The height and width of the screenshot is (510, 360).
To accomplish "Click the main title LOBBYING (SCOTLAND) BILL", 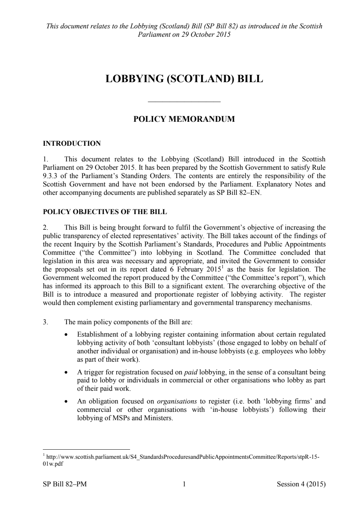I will [x=184, y=79].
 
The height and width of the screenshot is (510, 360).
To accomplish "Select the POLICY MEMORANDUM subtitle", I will [x=184, y=119].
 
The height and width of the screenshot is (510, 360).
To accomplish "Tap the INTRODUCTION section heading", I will [x=72, y=143].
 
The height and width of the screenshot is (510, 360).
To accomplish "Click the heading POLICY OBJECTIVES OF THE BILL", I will [x=105, y=212].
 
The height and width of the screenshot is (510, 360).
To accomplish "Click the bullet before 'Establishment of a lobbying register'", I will [x=65, y=334].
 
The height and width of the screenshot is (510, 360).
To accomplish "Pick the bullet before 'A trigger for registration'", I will [x=65, y=373].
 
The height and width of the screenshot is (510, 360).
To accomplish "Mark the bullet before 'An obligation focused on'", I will [x=65, y=402].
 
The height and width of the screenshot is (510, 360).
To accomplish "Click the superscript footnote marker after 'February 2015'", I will [x=223, y=268].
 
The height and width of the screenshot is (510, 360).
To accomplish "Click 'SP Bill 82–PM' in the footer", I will [x=65, y=484].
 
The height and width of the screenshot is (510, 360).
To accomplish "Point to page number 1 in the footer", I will [x=184, y=484].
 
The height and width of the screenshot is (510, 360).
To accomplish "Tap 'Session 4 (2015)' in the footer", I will [x=301, y=484].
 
